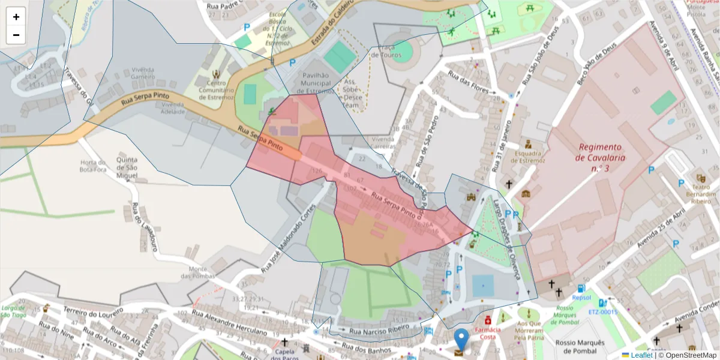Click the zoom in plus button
(16, 17)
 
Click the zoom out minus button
(16, 35)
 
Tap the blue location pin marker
(461, 340)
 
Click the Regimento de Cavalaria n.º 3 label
(600, 158)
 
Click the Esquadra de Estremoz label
(527, 157)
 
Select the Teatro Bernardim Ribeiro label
(700, 190)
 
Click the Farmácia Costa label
(488, 333)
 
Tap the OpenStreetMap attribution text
(691, 355)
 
